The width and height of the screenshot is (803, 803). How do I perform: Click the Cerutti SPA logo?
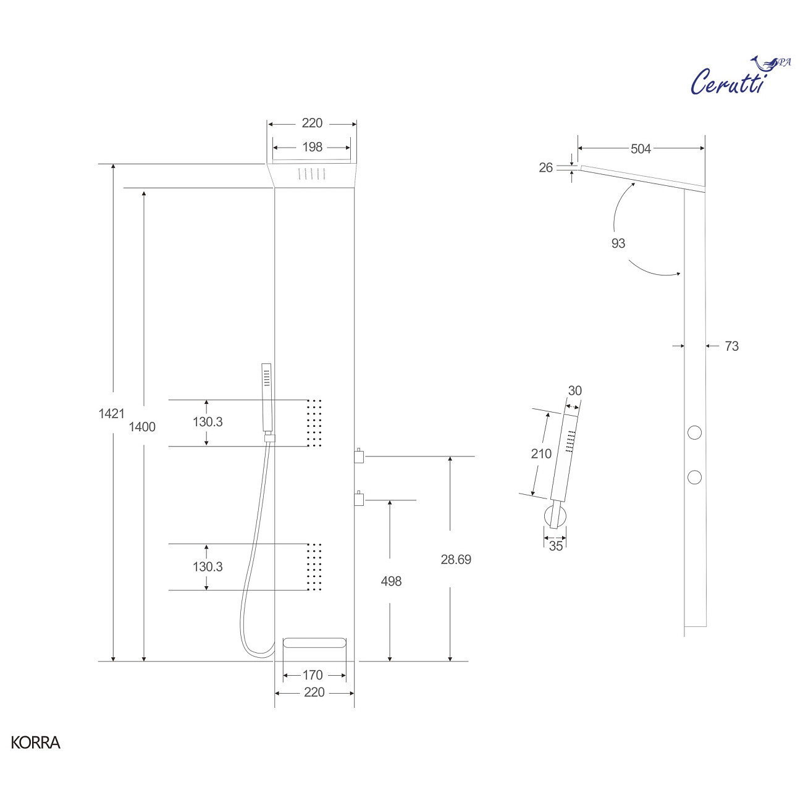tap(738, 77)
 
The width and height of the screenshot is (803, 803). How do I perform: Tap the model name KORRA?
tap(35, 742)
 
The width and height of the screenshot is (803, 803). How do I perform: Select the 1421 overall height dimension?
tap(111, 414)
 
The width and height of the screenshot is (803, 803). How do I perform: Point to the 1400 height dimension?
tap(142, 427)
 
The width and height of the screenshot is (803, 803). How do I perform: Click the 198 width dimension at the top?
tap(312, 147)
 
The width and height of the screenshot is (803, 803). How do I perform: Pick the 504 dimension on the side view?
tap(641, 149)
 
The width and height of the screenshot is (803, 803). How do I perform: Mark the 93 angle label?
tap(618, 243)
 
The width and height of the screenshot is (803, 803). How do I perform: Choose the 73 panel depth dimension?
tap(731, 347)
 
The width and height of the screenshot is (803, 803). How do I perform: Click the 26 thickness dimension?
tap(546, 167)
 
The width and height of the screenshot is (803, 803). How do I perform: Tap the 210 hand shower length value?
tap(541, 454)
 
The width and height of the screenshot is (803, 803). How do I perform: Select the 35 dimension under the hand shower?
tap(556, 546)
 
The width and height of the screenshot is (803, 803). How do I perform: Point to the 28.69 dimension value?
tap(456, 560)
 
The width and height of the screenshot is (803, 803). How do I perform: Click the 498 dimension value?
tap(391, 581)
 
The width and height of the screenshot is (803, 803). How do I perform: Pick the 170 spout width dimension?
tap(313, 675)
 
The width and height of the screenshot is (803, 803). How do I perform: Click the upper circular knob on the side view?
tap(695, 432)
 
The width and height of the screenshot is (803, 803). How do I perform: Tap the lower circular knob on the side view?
tap(695, 477)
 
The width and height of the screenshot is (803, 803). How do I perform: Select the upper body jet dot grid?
tap(314, 423)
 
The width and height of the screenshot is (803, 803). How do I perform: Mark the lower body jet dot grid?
tap(314, 567)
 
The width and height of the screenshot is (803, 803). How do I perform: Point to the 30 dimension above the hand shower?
tap(574, 391)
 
